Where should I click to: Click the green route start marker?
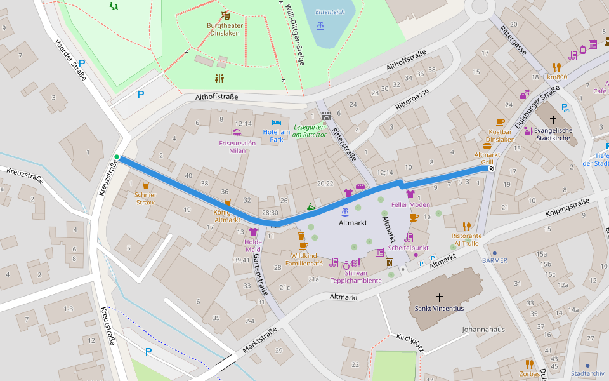click(117, 157)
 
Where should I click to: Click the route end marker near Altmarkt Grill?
click(492, 169)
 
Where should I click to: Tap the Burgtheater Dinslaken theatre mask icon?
click(224, 15)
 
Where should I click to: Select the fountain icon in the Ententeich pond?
click(320, 25)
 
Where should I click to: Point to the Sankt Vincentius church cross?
click(440, 297)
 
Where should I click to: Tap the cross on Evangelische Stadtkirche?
click(553, 119)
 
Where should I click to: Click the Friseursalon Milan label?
click(237, 144)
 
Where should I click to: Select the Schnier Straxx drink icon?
click(146, 185)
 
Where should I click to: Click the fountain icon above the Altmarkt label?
click(345, 211)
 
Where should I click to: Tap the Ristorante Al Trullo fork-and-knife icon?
click(466, 226)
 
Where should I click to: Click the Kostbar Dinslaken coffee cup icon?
click(500, 122)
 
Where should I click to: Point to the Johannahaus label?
click(483, 330)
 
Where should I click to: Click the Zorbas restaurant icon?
click(529, 364)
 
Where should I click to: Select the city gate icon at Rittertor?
click(327, 117)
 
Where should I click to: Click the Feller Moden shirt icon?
click(410, 194)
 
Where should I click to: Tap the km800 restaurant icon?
click(557, 67)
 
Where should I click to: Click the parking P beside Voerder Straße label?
click(82, 63)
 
